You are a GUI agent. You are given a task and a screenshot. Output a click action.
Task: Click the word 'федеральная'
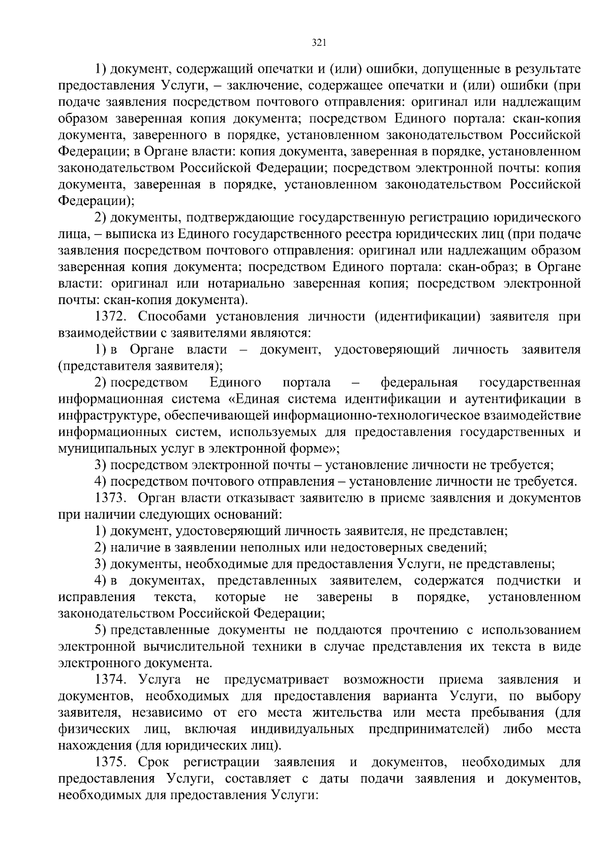[x=419, y=382]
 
